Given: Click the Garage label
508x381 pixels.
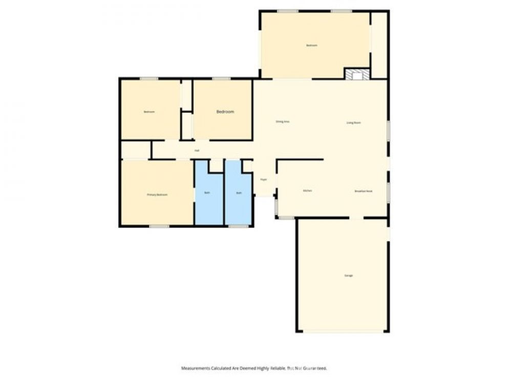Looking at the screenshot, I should pyautogui.click(x=348, y=276).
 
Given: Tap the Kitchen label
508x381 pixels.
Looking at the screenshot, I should pyautogui.click(x=307, y=191).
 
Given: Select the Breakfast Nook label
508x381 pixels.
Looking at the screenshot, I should pyautogui.click(x=363, y=191).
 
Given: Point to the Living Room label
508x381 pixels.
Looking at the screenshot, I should pyautogui.click(x=353, y=123).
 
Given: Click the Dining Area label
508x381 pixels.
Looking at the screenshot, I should pyautogui.click(x=283, y=122).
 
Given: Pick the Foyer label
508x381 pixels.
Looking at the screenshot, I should pyautogui.click(x=264, y=180).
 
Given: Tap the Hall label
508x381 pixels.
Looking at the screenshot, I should pyautogui.click(x=197, y=151).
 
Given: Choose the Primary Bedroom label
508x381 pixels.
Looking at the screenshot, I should pyautogui.click(x=157, y=195).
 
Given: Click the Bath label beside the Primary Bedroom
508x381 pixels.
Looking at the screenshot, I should pyautogui.click(x=207, y=193).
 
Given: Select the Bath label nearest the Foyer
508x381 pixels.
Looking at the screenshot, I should pyautogui.click(x=239, y=193).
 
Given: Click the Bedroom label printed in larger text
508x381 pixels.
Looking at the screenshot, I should pyautogui.click(x=225, y=112).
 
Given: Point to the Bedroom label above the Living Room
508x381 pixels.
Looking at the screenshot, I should pyautogui.click(x=312, y=46).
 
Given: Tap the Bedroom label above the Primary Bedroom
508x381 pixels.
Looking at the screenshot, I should pyautogui.click(x=149, y=112).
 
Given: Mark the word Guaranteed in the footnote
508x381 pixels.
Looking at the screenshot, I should pyautogui.click(x=314, y=368).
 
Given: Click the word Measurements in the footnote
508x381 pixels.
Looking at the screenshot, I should pyautogui.click(x=196, y=368).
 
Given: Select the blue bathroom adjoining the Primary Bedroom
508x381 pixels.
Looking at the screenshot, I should pyautogui.click(x=209, y=200).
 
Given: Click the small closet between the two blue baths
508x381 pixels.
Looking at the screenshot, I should pyautogui.click(x=217, y=165).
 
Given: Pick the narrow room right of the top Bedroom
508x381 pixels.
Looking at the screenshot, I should pyautogui.click(x=379, y=45).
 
